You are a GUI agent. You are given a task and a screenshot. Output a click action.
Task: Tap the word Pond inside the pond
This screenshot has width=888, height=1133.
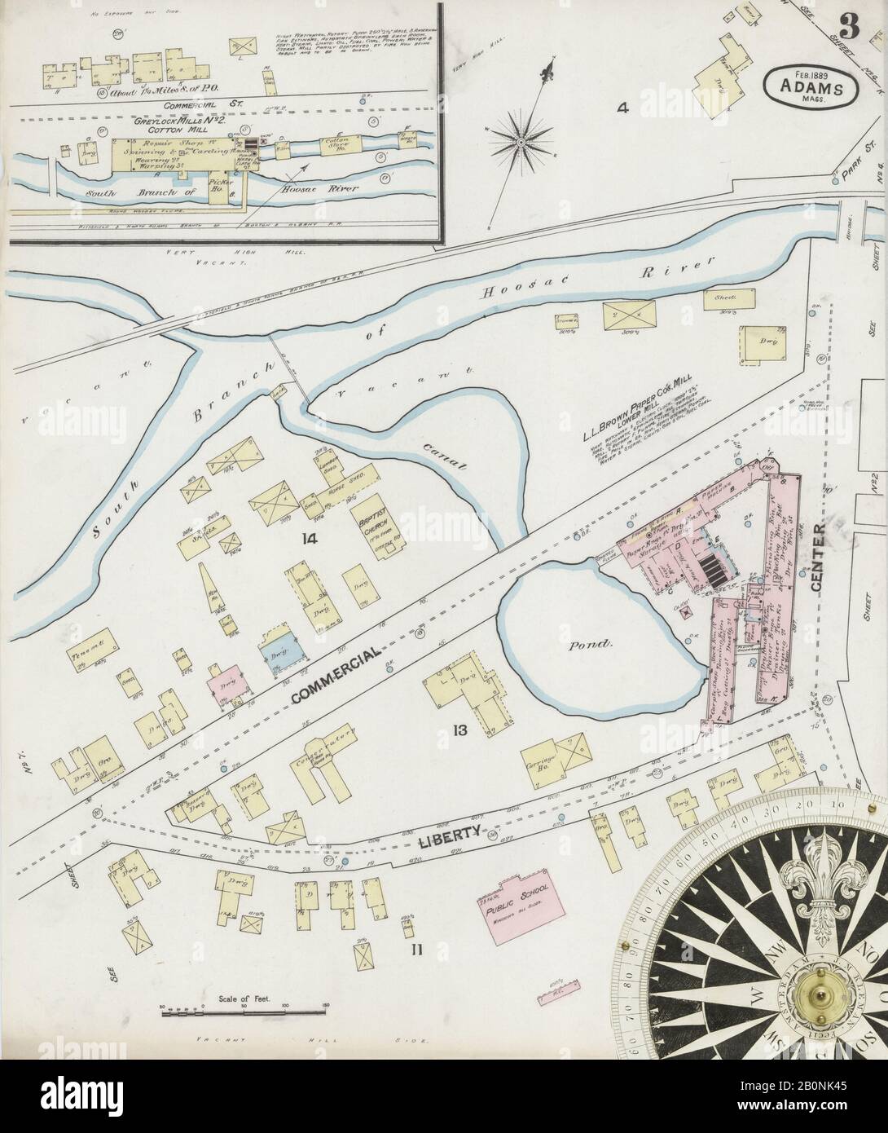point(591,644)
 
